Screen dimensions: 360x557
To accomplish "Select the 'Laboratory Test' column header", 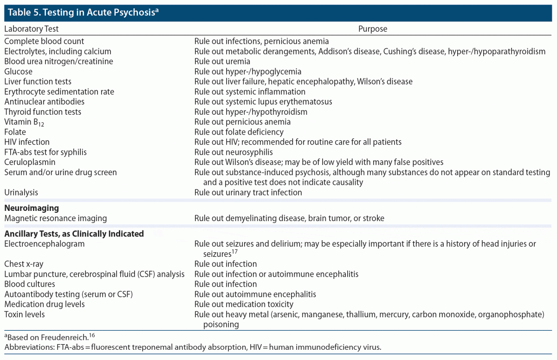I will (32, 29).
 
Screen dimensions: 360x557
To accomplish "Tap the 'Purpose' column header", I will (372, 29).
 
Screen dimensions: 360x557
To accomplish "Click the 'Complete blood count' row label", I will (44, 41).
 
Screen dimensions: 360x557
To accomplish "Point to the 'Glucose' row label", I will (19, 72).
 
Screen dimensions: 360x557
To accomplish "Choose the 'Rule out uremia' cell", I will (222, 61).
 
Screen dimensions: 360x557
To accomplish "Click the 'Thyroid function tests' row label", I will (43, 112).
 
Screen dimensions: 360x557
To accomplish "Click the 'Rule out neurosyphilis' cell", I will (233, 152).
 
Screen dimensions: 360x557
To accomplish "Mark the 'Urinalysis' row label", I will (21, 192).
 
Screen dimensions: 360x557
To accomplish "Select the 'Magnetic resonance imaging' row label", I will (56, 218).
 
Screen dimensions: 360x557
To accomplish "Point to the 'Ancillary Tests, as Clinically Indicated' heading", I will (74, 234).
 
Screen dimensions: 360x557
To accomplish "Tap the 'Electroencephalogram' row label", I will (45, 243).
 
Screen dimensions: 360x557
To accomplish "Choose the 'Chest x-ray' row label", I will (24, 264).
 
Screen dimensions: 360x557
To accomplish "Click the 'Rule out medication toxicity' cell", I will (244, 304).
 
